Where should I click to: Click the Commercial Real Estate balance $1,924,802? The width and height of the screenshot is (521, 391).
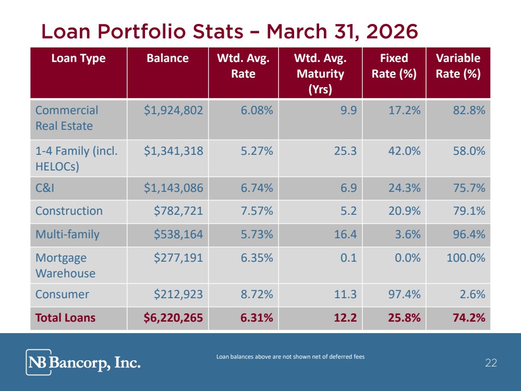click(173, 111)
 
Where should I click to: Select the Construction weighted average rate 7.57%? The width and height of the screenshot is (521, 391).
click(257, 211)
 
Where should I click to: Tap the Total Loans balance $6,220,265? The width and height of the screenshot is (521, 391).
click(173, 317)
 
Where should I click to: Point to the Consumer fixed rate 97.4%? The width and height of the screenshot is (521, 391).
click(404, 295)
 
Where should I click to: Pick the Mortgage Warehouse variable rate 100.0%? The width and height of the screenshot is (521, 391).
click(466, 258)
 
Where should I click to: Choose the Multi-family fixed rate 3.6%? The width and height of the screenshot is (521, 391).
click(408, 235)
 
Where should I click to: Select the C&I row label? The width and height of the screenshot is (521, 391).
click(44, 188)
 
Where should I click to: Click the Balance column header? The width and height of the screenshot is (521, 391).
click(167, 58)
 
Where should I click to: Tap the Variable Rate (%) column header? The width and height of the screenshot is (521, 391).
click(458, 66)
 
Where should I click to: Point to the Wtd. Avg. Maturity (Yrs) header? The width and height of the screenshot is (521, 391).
click(320, 74)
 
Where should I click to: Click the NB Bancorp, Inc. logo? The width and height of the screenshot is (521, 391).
click(83, 362)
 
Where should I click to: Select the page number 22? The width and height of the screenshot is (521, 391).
click(491, 363)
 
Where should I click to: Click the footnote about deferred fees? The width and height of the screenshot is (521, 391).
click(290, 357)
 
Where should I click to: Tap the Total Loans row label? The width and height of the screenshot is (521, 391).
click(65, 318)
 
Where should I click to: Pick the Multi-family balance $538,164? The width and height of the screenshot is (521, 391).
click(178, 235)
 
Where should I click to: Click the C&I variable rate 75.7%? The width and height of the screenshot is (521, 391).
click(469, 188)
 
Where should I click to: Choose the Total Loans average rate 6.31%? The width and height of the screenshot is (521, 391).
click(257, 318)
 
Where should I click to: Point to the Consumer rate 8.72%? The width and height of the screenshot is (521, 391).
click(257, 295)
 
